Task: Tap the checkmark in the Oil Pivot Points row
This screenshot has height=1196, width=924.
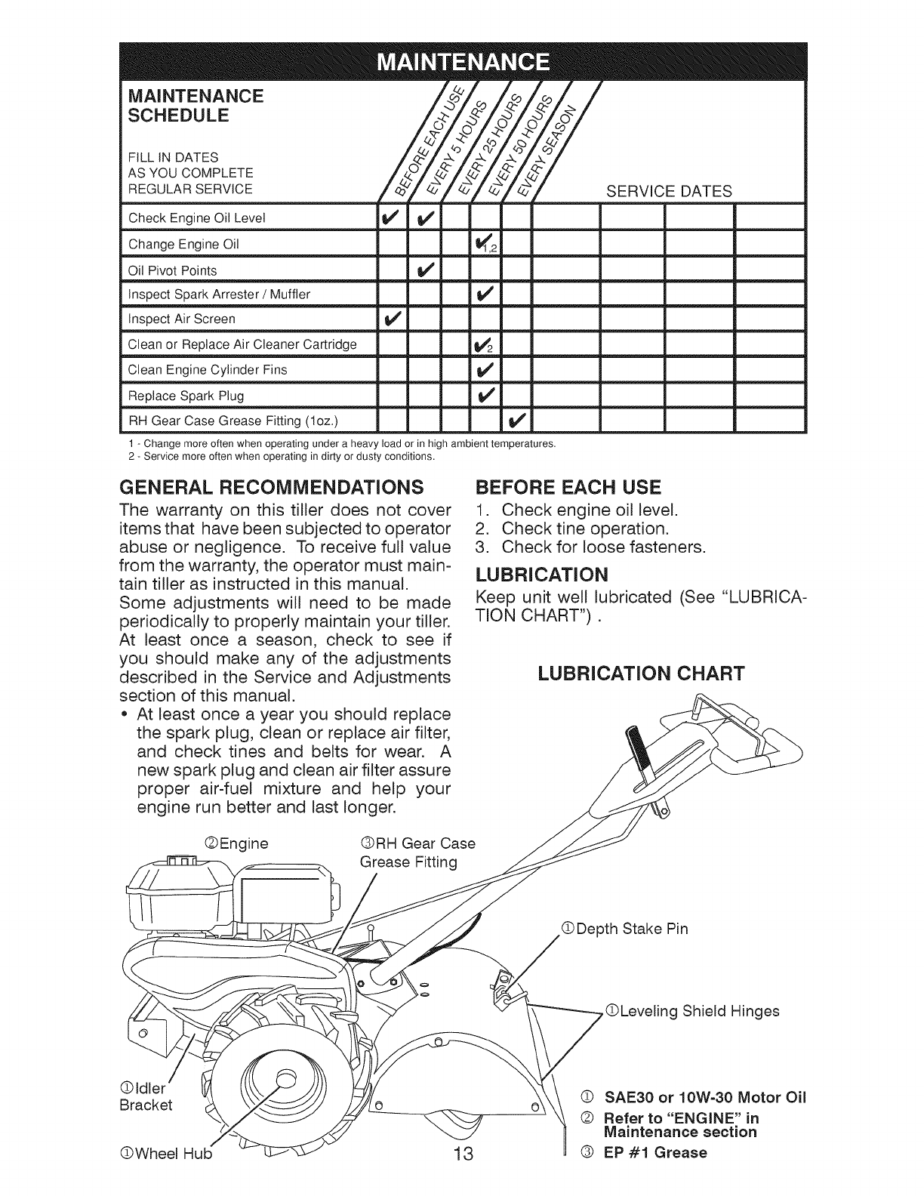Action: click(424, 270)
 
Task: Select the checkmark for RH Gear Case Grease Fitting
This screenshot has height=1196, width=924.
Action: click(517, 420)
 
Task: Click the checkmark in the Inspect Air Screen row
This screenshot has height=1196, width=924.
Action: click(390, 319)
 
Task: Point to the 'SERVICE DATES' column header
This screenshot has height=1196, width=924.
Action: click(669, 191)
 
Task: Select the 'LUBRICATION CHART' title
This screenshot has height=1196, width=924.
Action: click(641, 673)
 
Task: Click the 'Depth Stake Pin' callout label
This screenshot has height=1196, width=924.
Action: click(630, 929)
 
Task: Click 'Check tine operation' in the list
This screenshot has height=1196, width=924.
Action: click(585, 528)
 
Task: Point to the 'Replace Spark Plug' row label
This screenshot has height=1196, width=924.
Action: click(186, 395)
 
